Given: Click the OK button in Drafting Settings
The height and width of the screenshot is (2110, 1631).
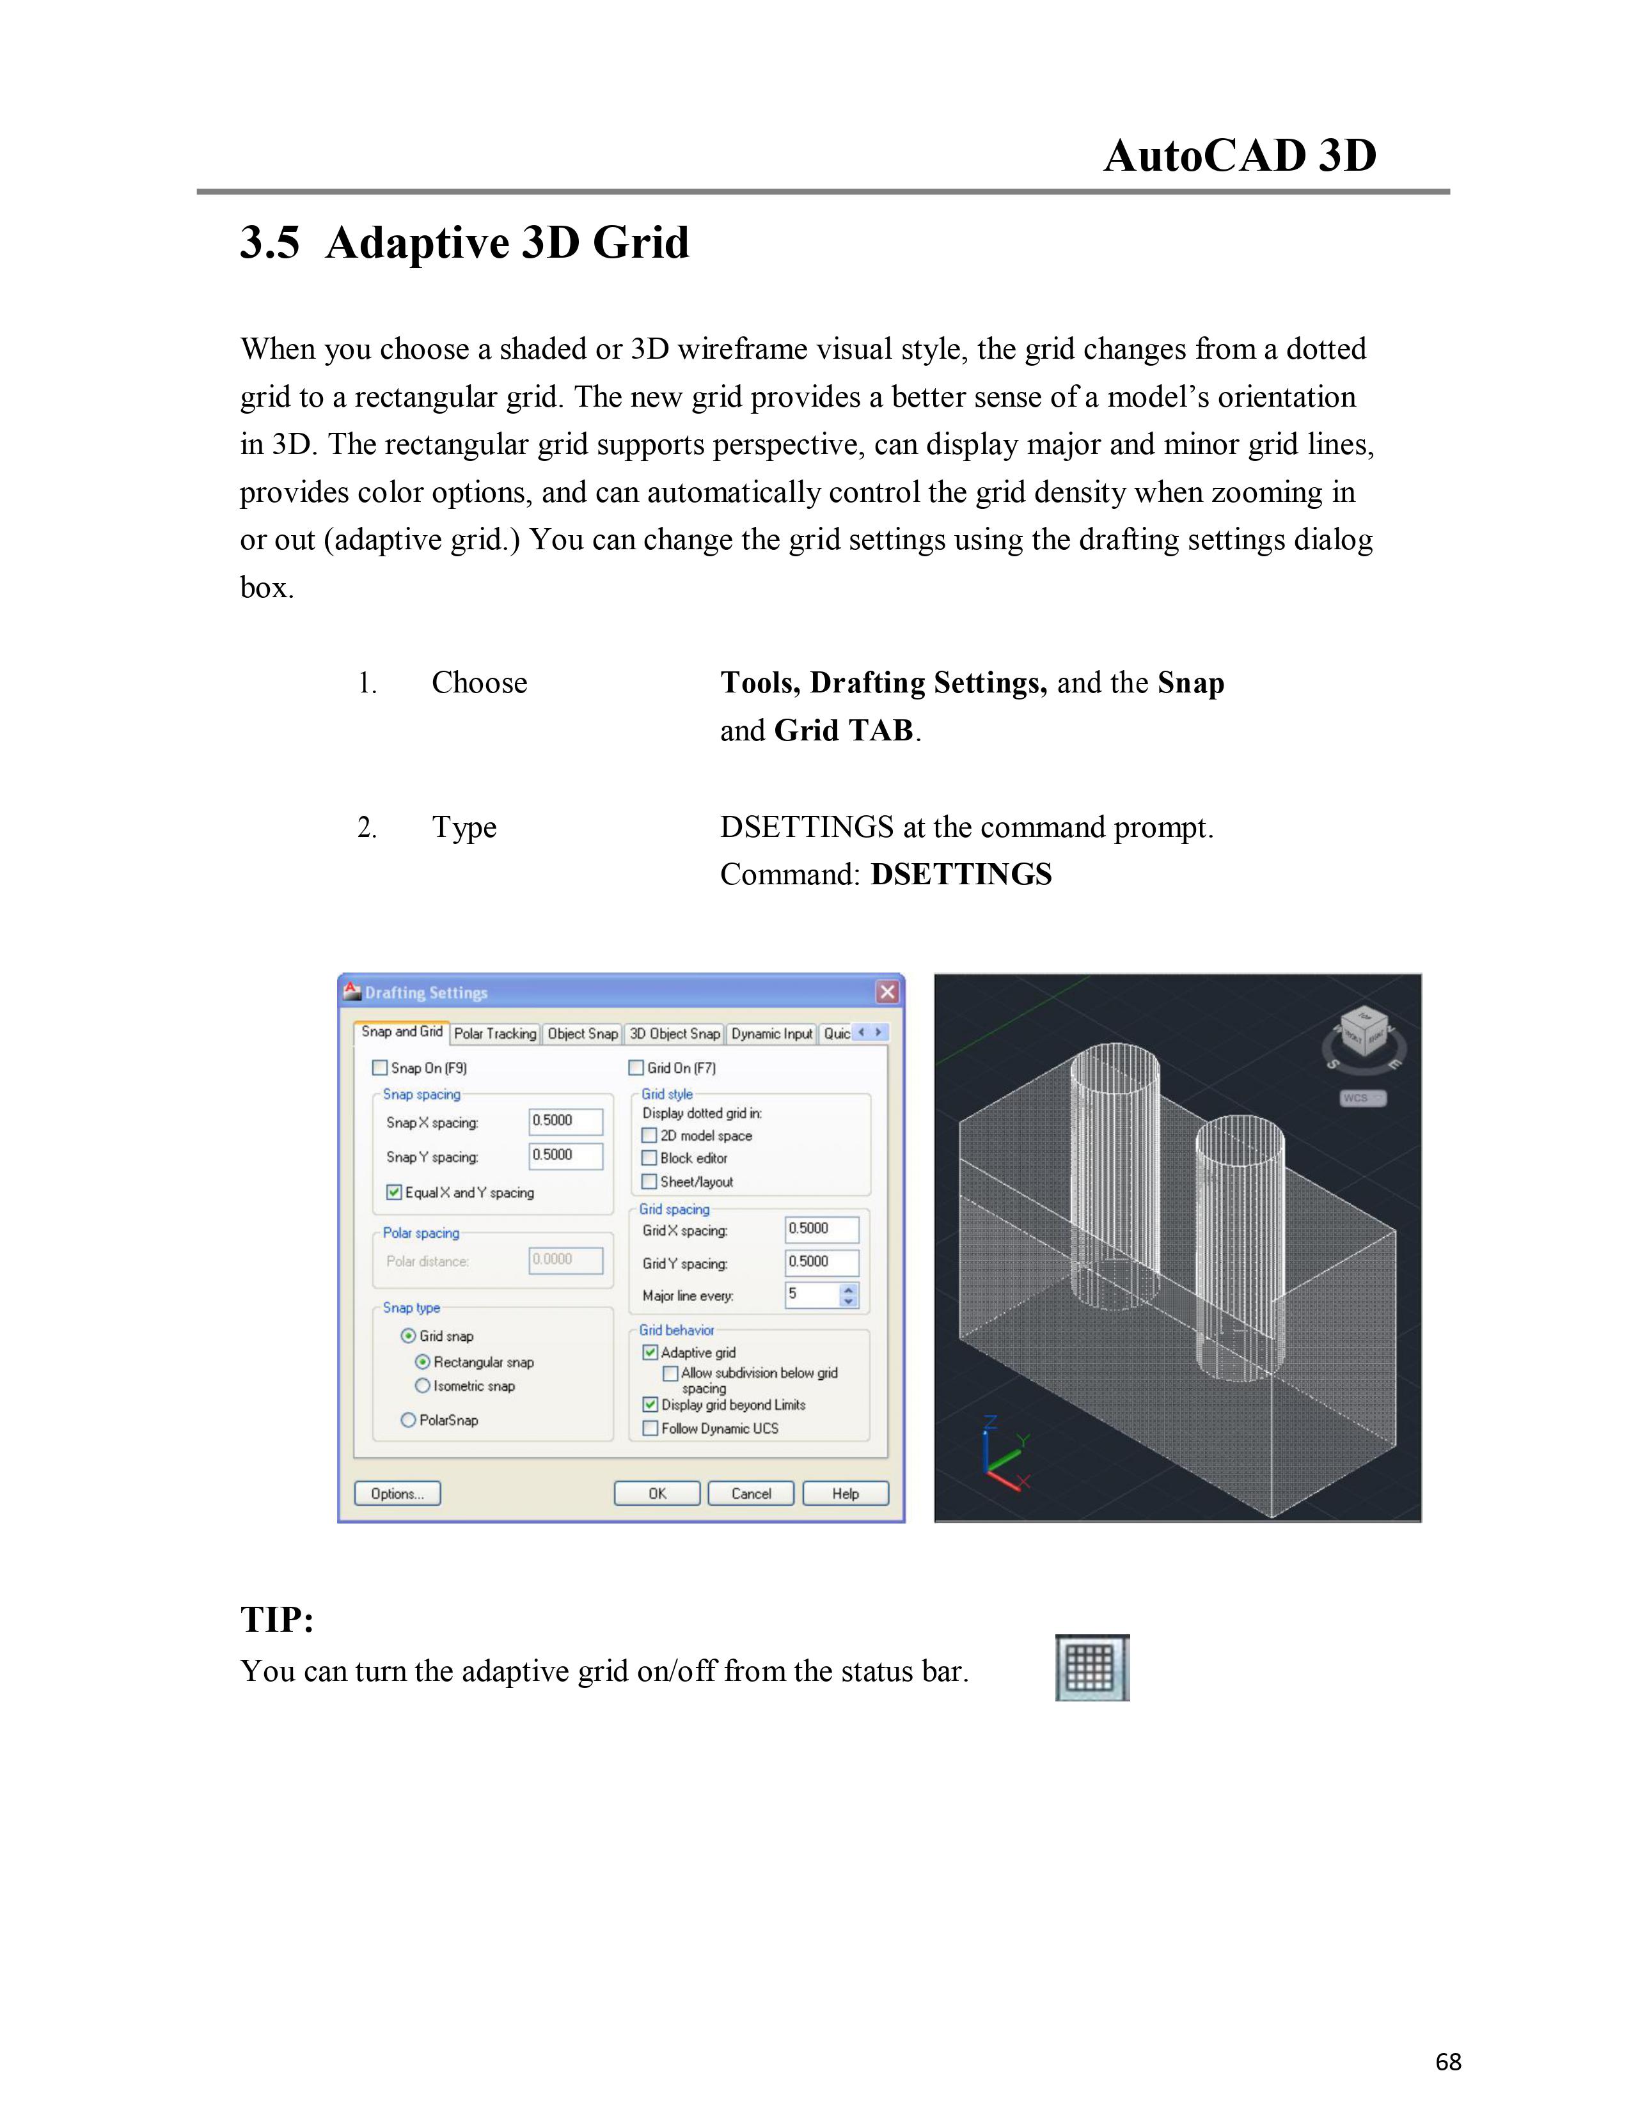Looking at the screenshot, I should [657, 1494].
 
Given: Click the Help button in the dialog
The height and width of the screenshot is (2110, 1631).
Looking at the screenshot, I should [846, 1494].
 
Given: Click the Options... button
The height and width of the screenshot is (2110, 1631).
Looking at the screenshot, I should [397, 1494].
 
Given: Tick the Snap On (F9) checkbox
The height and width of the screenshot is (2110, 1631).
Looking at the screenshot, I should [380, 1068].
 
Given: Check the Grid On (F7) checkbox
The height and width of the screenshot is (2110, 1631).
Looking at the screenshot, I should [636, 1068].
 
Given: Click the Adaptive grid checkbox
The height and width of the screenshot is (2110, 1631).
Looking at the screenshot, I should [650, 1352].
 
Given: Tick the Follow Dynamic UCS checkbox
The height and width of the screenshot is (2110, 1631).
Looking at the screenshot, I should [650, 1428].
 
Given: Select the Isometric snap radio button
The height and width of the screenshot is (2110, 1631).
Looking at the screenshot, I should [422, 1386].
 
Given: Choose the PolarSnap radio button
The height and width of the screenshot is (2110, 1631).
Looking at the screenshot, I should [408, 1419].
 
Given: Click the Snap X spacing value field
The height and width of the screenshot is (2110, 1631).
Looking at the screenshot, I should [566, 1121].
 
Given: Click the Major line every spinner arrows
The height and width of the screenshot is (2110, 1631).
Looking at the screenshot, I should [848, 1295].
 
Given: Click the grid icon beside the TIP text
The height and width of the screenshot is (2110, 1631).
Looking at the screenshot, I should [1092, 1668].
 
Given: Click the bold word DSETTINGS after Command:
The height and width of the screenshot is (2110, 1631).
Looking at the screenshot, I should [961, 874].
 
